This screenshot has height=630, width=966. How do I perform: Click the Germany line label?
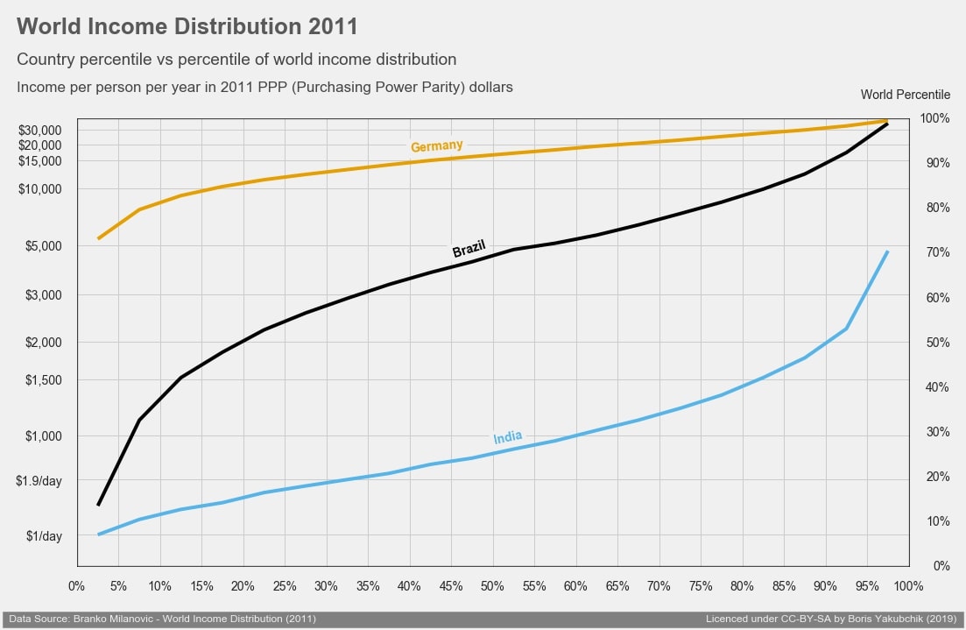(x=437, y=146)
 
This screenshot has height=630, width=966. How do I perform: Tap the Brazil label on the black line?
(x=469, y=249)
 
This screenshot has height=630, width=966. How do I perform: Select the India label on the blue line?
(x=508, y=437)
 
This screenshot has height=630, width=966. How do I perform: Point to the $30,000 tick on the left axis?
(x=40, y=130)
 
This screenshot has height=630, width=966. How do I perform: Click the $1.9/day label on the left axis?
(x=39, y=481)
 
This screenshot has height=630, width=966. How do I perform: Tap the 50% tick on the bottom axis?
(x=492, y=585)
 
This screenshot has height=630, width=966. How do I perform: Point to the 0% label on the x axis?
(x=76, y=585)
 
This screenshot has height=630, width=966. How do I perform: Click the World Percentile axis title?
(x=905, y=95)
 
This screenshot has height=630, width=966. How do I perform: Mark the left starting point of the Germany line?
(x=98, y=238)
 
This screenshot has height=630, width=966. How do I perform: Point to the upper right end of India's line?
(x=888, y=251)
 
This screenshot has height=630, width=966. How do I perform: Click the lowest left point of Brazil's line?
(x=98, y=506)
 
